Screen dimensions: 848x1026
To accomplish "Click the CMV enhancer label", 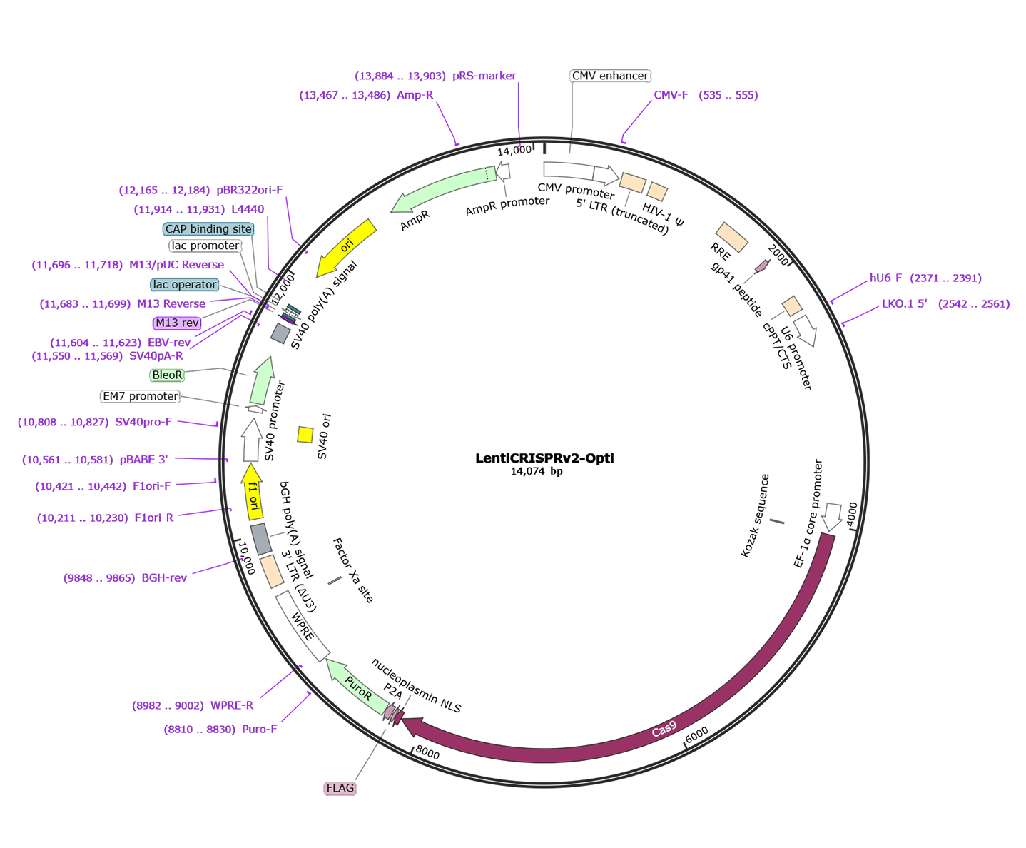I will tap(610, 76).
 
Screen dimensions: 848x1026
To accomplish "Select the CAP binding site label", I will tap(208, 229).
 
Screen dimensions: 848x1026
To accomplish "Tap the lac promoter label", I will tap(205, 246).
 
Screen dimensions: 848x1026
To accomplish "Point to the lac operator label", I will tap(185, 285).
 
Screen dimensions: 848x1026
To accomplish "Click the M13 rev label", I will tap(177, 323).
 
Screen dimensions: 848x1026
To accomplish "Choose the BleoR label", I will tap(167, 375).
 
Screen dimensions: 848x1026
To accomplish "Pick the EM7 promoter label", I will tap(140, 397).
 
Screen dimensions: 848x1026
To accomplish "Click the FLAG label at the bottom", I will tap(340, 788).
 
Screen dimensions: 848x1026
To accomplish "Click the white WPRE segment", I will tap(303, 625).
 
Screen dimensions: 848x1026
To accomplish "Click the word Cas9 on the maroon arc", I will tap(664, 730).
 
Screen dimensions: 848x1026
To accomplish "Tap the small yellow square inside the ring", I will tap(305, 435).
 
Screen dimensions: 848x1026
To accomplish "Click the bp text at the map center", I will tap(557, 472).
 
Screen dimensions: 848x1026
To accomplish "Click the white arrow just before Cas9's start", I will tap(832, 516).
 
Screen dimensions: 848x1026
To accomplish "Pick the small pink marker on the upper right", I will tap(763, 266).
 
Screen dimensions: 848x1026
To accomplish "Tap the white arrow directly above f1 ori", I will tap(251, 442).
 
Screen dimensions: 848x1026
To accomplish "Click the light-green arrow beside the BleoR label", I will tap(262, 382).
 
